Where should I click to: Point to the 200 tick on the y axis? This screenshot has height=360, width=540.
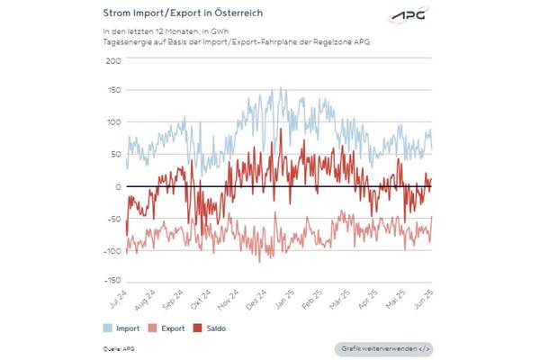tap(113, 60)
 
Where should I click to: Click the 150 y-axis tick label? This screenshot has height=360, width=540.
tap(113, 92)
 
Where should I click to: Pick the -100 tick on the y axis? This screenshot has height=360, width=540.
tap(112, 250)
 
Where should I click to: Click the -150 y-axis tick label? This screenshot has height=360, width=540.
tap(112, 282)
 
